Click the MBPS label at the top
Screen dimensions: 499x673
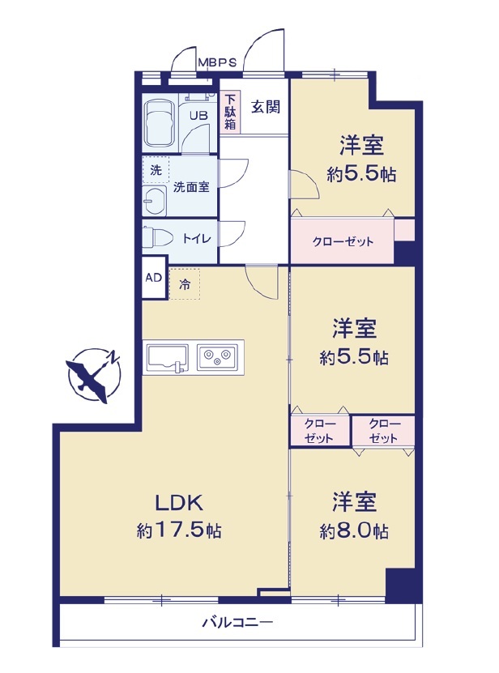(217, 62)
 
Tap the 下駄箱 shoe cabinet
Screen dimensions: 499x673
(230, 112)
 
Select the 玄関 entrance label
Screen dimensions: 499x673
(266, 106)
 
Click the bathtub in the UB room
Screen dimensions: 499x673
(160, 124)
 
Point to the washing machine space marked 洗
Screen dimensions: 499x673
(156, 170)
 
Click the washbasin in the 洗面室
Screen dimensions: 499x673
(155, 201)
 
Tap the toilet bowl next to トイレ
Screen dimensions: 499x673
(157, 237)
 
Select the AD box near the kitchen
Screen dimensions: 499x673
(154, 277)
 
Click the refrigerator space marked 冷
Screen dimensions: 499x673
(185, 284)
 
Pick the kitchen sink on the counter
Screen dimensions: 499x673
(168, 358)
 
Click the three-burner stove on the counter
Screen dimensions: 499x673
(217, 357)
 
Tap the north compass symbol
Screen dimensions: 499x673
(95, 375)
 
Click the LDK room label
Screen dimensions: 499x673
(179, 503)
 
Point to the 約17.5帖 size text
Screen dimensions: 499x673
(179, 530)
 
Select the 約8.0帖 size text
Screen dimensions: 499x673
(354, 531)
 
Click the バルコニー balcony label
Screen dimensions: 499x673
(237, 622)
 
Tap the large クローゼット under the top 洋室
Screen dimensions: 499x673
(343, 241)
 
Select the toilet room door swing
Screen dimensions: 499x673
(232, 234)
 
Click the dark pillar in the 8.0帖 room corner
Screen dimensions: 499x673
(400, 584)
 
